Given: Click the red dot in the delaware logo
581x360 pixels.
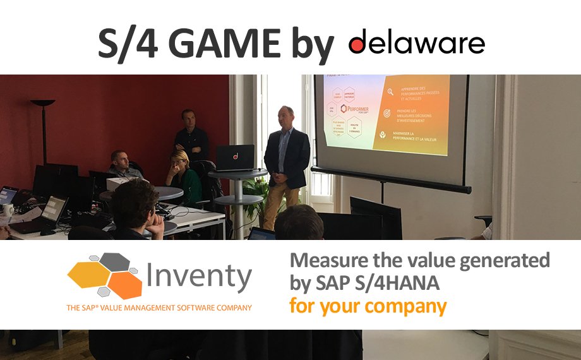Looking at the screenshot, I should coord(357,44).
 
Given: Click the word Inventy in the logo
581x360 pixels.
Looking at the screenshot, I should coord(199,277).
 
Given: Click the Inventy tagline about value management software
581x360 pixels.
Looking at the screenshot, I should coord(159,308).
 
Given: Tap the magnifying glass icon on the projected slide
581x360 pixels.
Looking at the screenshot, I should coord(392,92).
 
